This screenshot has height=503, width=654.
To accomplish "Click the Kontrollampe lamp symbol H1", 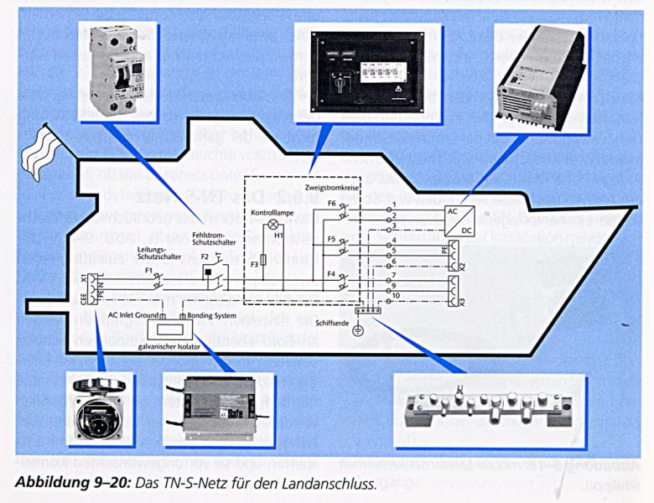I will coord(271,226).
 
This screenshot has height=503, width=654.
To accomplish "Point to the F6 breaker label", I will coord(332,204).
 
